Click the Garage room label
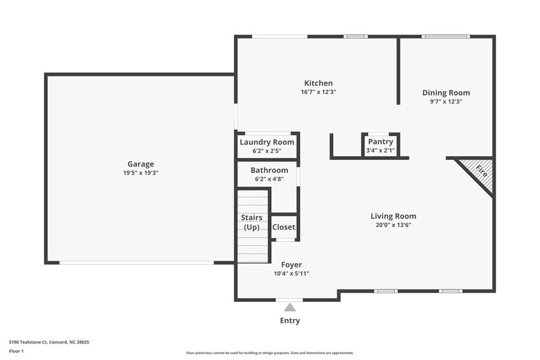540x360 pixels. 140,163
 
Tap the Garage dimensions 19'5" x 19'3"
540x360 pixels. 140,173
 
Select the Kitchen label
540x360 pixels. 318,83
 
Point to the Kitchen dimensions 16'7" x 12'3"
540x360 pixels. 318,92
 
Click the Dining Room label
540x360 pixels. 446,93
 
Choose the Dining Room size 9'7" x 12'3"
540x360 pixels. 446,102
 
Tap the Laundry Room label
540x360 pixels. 266,142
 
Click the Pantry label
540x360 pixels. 380,142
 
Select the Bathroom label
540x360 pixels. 269,170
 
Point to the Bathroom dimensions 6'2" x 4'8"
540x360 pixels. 269,179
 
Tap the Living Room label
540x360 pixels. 393,216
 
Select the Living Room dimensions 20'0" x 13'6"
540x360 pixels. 393,225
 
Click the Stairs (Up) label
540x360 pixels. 252,222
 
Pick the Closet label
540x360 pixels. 283,227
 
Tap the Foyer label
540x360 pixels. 291,265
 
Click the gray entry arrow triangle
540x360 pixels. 290,307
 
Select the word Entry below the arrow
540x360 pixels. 290,320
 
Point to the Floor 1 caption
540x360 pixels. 16,351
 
